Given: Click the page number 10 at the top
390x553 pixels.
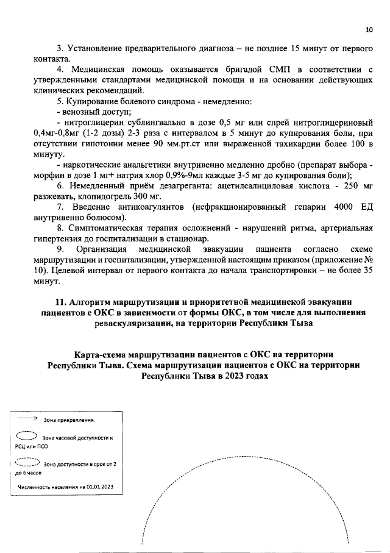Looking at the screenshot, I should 368,29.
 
